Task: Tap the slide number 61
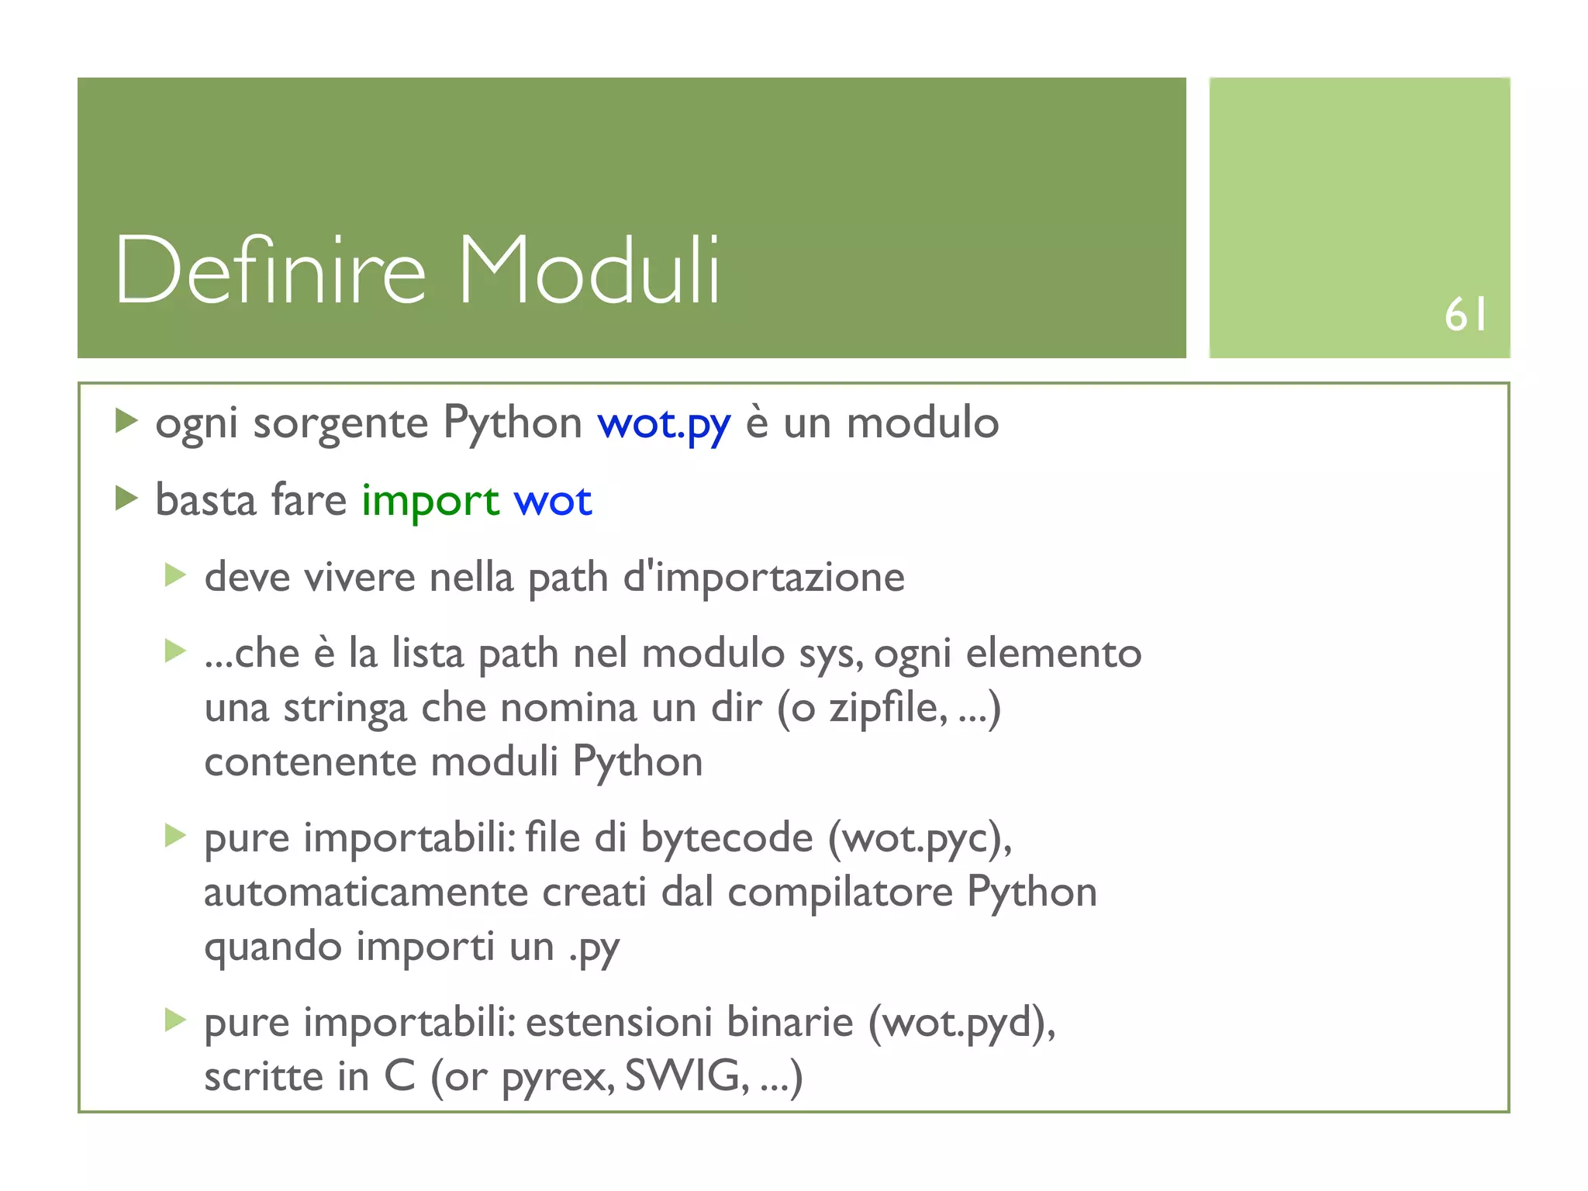tap(1465, 316)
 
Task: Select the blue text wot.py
tap(664, 424)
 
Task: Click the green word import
tap(430, 501)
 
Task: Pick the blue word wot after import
tap(553, 501)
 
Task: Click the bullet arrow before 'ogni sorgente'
tap(126, 421)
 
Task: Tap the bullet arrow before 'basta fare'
tap(126, 498)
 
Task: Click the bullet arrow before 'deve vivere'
tap(176, 575)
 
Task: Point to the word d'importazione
tap(764, 578)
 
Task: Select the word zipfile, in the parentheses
tap(889, 708)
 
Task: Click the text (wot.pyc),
tap(920, 839)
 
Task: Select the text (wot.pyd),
tap(961, 1023)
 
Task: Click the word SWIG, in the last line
tap(687, 1076)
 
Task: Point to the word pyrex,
tap(558, 1078)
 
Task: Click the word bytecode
tap(727, 839)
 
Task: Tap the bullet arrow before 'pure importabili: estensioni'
tap(176, 1020)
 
